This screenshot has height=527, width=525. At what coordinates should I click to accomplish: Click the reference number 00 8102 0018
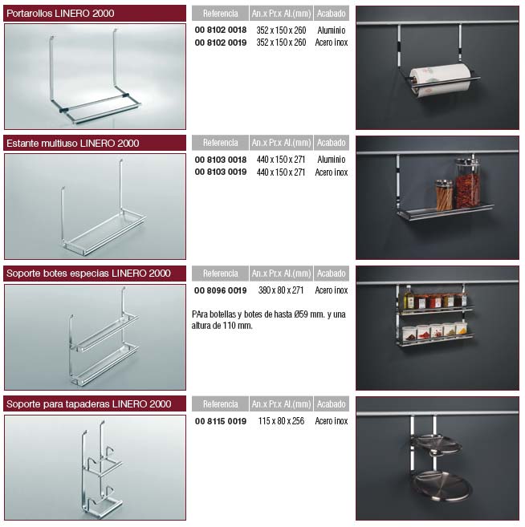221,30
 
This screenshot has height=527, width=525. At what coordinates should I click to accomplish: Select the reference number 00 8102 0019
221,43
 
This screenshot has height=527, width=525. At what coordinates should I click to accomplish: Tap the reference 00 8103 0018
221,160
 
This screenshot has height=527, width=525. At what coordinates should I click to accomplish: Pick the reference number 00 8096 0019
221,290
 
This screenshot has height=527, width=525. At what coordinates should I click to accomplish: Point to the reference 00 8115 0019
221,421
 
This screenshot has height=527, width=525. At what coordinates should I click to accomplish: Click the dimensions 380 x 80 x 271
281,290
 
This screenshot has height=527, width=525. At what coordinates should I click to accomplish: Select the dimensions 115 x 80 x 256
281,421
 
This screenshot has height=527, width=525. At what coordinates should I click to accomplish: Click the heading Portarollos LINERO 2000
60,14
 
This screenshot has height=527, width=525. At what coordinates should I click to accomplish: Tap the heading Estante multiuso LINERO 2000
72,143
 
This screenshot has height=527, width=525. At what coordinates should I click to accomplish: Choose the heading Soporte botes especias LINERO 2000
88,274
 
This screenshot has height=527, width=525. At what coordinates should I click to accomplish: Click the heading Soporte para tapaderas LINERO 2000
89,403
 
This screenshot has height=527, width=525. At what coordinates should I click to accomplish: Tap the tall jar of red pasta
467,184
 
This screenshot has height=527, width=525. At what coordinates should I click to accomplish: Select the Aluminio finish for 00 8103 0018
332,160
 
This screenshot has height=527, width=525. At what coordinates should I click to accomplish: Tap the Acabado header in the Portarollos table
332,14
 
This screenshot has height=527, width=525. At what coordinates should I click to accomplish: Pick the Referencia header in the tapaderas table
220,404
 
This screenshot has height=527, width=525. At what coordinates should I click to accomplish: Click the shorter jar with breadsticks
444,196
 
